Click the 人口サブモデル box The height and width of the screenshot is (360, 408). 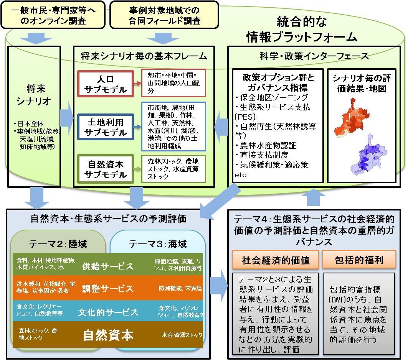tap(106, 84)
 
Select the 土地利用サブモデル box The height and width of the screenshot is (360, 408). tap(106, 127)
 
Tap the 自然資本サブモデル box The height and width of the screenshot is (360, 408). tap(106, 169)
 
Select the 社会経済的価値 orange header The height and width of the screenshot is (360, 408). tap(275, 260)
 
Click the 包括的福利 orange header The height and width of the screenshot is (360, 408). tap(359, 260)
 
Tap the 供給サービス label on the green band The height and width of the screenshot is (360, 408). tap(108, 266)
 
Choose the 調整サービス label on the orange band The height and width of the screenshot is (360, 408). tap(108, 288)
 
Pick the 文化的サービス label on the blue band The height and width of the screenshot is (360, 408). tap(108, 312)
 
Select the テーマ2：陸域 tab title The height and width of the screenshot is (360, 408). tap(58, 244)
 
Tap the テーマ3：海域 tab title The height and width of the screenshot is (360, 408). tap(158, 244)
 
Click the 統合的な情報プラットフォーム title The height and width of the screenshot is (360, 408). tap(302, 29)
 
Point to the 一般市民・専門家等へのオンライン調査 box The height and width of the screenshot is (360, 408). tap(53, 15)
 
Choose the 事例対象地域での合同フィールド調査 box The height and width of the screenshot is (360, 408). tap(164, 15)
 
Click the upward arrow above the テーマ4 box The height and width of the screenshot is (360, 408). tap(314, 197)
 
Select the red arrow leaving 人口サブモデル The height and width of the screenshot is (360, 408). tap(137, 84)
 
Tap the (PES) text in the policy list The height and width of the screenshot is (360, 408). tap(245, 117)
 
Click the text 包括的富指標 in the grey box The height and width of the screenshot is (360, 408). tap(355, 289)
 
